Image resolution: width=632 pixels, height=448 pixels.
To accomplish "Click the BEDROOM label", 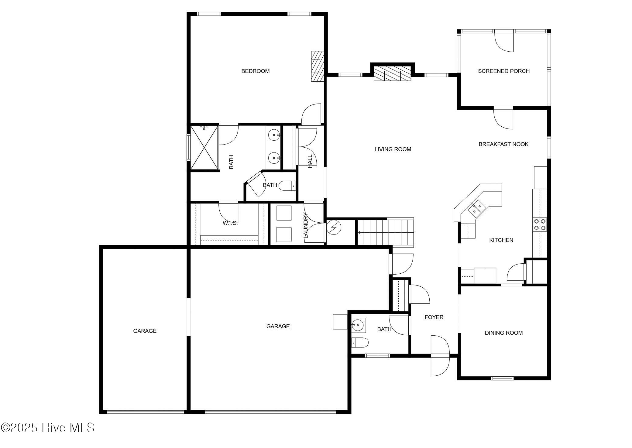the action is point(255,71).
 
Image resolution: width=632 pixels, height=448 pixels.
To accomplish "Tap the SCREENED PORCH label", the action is point(504,71).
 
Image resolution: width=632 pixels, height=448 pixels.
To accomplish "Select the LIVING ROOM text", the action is point(393,149).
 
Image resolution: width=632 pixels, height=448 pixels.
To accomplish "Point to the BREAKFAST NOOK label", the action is point(503,144).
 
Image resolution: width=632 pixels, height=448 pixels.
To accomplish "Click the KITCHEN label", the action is point(501,240).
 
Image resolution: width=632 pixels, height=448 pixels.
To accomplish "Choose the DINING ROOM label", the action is point(503,333).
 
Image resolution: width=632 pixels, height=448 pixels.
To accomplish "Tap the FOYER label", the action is point(434,317).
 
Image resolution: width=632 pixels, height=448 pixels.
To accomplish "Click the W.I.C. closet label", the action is point(230,223).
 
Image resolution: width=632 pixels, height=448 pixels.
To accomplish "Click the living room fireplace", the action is point(392,74).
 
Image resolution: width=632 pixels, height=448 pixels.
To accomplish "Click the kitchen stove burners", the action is point(539,225).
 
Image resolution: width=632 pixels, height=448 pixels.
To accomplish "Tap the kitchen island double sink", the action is point(476,209).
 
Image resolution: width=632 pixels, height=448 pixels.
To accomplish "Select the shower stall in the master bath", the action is point(204,147).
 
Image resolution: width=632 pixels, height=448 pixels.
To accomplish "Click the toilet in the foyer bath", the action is point(360,342).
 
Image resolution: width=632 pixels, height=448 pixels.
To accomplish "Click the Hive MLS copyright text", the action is point(48,428).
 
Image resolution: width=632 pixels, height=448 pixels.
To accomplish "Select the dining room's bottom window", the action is point(502,378).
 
